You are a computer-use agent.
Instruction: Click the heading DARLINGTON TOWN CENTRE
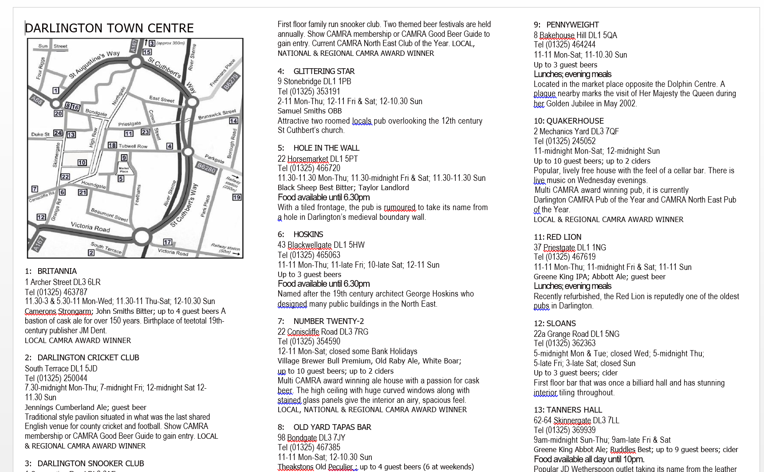[109, 28]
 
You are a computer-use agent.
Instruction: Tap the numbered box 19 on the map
[237, 197]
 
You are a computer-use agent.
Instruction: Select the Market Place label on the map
[124, 169]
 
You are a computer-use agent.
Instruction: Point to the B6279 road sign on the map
[231, 82]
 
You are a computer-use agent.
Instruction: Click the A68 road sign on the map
[37, 101]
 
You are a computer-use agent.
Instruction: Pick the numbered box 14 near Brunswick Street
[233, 121]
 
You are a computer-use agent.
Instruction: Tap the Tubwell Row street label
[133, 146]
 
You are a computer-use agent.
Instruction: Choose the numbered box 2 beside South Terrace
[91, 253]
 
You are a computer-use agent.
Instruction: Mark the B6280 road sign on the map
[206, 168]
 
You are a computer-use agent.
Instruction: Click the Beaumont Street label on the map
[109, 215]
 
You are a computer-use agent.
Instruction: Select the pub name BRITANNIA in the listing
[57, 271]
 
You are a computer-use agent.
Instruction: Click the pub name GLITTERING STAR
[324, 71]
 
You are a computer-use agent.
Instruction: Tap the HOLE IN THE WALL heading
[326, 148]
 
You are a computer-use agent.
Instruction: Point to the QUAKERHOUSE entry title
[575, 121]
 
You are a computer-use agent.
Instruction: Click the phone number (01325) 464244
[571, 45]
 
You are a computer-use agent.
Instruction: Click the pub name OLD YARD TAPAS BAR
[332, 427]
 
